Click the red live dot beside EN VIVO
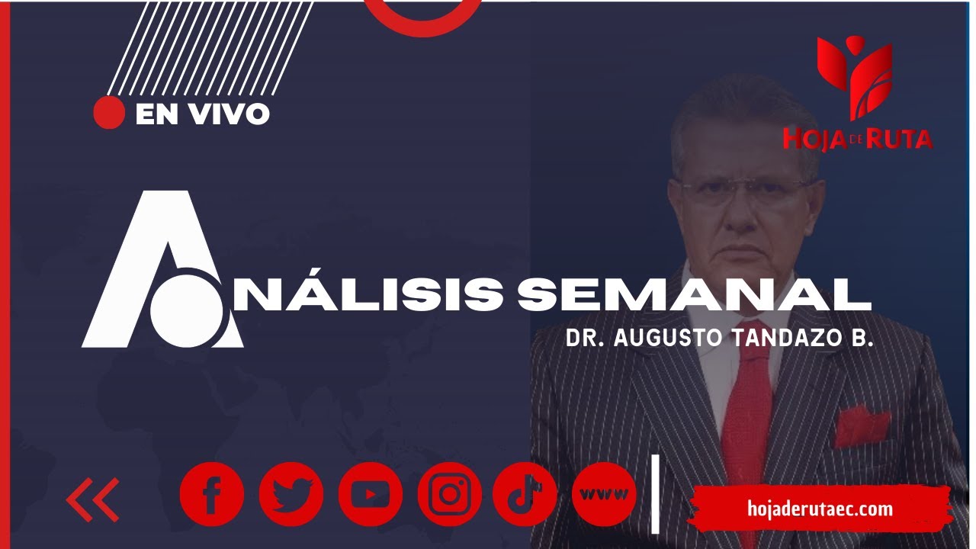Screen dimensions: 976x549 [109, 112]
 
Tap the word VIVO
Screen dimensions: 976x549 [230, 114]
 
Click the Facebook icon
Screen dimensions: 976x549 [212, 494]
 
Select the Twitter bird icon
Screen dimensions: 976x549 [291, 494]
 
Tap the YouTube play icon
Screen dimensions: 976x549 [371, 494]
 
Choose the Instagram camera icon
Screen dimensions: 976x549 [450, 494]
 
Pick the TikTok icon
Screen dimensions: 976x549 [525, 494]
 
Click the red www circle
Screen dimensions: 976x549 [604, 494]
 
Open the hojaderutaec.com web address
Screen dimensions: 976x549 [820, 509]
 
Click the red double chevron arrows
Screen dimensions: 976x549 [93, 499]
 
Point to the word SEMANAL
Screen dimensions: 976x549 [694, 294]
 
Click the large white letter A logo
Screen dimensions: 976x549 [162, 269]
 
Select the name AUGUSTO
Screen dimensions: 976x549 [668, 338]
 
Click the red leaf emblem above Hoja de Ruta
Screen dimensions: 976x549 [855, 78]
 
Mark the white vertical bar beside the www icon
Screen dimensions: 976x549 [655, 493]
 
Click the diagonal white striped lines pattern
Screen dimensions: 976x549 [210, 48]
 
